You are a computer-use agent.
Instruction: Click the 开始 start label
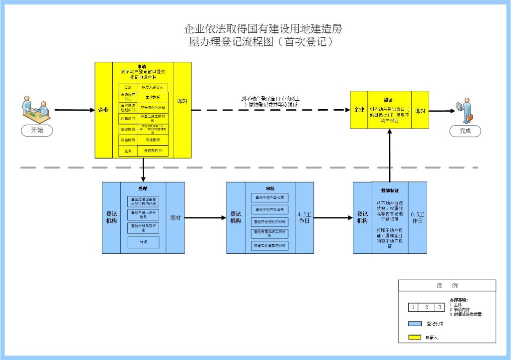[37, 131]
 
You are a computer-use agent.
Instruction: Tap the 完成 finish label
[465, 131]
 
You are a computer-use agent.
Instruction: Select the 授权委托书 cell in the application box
[152, 150]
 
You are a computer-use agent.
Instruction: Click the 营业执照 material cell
[153, 97]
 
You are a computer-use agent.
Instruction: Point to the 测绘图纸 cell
[152, 140]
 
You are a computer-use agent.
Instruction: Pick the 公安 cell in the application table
[128, 87]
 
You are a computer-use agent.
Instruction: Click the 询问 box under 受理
[143, 242]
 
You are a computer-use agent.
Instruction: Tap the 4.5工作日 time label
[304, 217]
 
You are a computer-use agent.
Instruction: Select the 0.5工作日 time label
[418, 217]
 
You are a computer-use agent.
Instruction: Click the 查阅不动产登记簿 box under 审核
[269, 198]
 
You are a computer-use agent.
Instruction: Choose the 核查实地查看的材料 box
[269, 246]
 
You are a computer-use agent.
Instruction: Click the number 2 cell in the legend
[426, 307]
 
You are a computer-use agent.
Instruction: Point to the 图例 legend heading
[447, 286]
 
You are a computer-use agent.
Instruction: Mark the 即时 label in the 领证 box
[420, 110]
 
